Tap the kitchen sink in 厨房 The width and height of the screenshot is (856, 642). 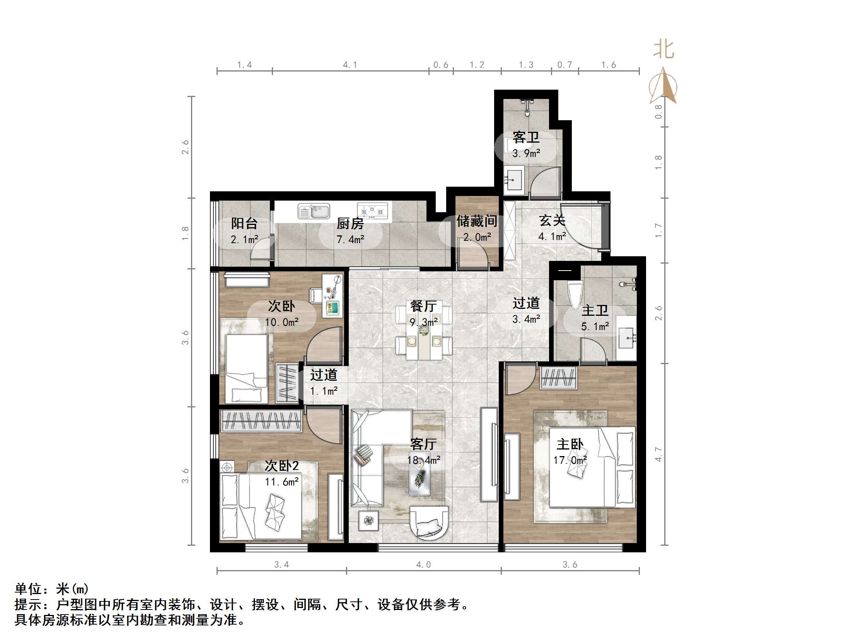[314, 211]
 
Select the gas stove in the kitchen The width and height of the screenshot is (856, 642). [372, 211]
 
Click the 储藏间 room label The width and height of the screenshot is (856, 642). [477, 221]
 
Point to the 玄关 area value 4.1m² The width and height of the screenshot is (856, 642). [552, 236]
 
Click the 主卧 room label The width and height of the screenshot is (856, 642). [570, 444]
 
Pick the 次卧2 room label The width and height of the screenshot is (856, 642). [282, 466]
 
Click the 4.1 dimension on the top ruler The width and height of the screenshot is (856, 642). [350, 65]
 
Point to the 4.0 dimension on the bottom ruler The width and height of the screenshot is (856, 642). [423, 565]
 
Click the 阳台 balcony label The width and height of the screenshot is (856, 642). [244, 223]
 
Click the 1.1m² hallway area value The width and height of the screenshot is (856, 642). [324, 391]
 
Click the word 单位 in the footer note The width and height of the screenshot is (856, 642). [28, 589]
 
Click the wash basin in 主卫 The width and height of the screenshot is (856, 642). [626, 337]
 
